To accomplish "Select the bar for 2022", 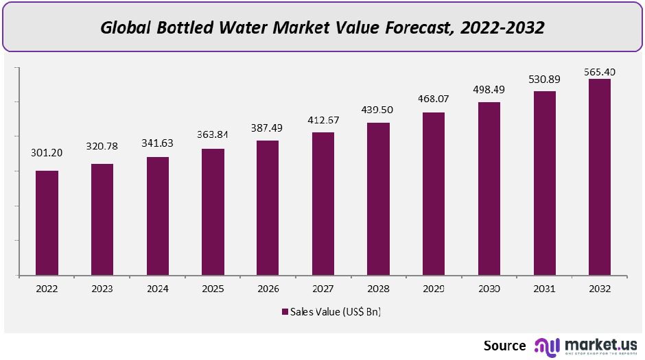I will [x=47, y=223].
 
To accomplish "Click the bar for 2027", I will [x=323, y=204].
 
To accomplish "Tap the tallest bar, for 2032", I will [x=599, y=177].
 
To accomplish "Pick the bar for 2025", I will [x=213, y=212].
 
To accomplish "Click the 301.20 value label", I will [x=47, y=154].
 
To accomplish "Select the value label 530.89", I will [x=544, y=80].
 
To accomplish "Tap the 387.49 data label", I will [x=268, y=128].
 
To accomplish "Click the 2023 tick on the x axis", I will [x=102, y=288].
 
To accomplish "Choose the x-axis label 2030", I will [x=489, y=288].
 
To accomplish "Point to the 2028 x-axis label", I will [x=378, y=288].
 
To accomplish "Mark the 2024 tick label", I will [x=157, y=288].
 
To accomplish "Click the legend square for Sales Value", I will [x=285, y=312].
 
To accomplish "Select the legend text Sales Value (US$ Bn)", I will [x=335, y=312].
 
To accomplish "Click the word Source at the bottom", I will [x=504, y=346].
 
